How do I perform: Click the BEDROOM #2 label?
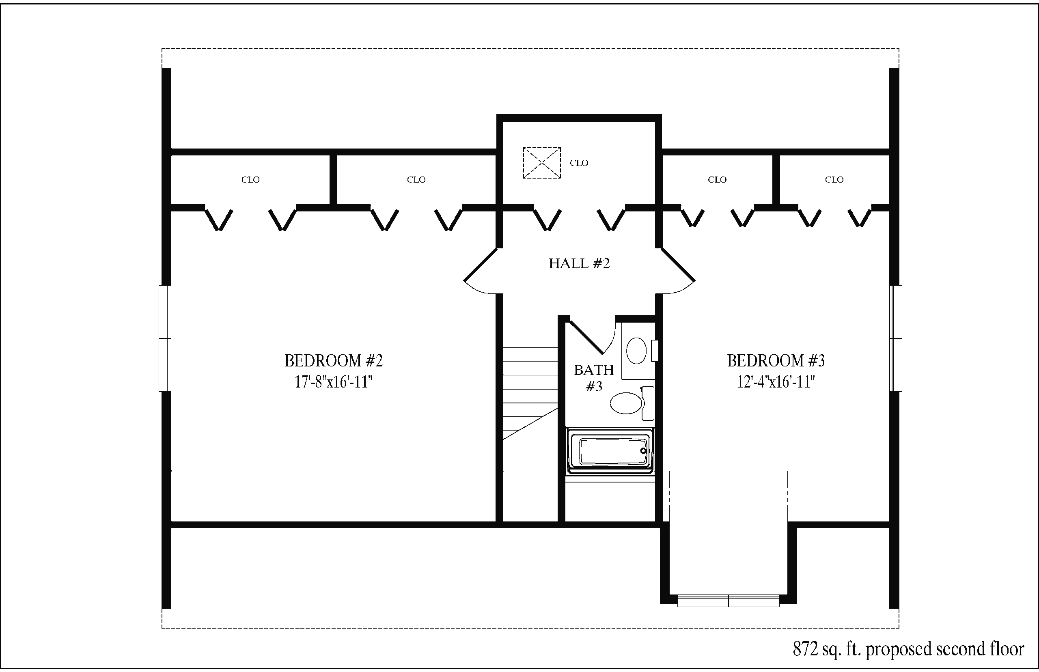point(333,361)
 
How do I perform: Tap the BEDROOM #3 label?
point(776,361)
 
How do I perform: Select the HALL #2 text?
point(579,263)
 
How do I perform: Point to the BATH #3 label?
point(594,378)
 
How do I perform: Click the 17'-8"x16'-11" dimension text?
point(333,382)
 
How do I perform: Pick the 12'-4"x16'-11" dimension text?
point(776,382)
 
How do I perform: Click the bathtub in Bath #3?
point(610,451)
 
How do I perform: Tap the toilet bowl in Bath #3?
point(626,403)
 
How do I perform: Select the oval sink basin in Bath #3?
point(636,350)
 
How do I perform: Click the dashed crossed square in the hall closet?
point(542,163)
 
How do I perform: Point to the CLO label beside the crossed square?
point(579,163)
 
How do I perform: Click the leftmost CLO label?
point(250,180)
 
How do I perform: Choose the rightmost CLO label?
point(834,180)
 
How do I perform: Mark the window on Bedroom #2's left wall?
point(165,338)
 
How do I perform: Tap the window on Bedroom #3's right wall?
point(896,338)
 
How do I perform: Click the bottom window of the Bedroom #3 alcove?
point(728,601)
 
